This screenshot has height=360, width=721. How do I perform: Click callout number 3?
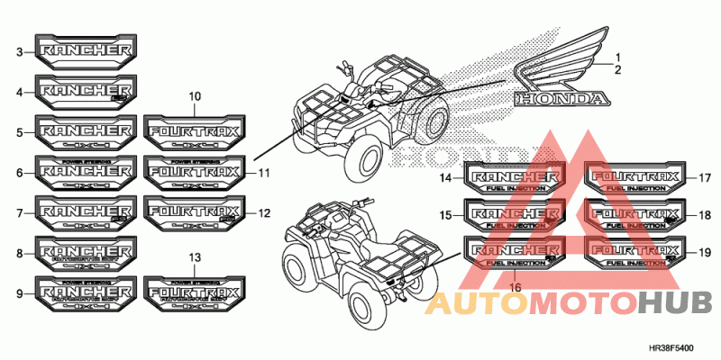point(20,53)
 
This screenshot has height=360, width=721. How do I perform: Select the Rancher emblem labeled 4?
point(86,92)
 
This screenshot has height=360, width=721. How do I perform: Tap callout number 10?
point(195,96)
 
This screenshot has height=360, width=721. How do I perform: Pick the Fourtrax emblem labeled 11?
point(194,170)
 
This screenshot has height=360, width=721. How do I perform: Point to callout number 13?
point(195,258)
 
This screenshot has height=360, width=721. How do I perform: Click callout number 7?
point(20,214)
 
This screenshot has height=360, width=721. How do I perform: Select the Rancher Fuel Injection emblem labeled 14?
point(515,176)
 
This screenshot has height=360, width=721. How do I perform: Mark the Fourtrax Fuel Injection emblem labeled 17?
point(634,176)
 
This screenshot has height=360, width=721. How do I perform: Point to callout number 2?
point(617,69)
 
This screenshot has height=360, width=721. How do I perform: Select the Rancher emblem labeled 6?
point(86,170)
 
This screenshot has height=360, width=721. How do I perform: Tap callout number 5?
point(20,132)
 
